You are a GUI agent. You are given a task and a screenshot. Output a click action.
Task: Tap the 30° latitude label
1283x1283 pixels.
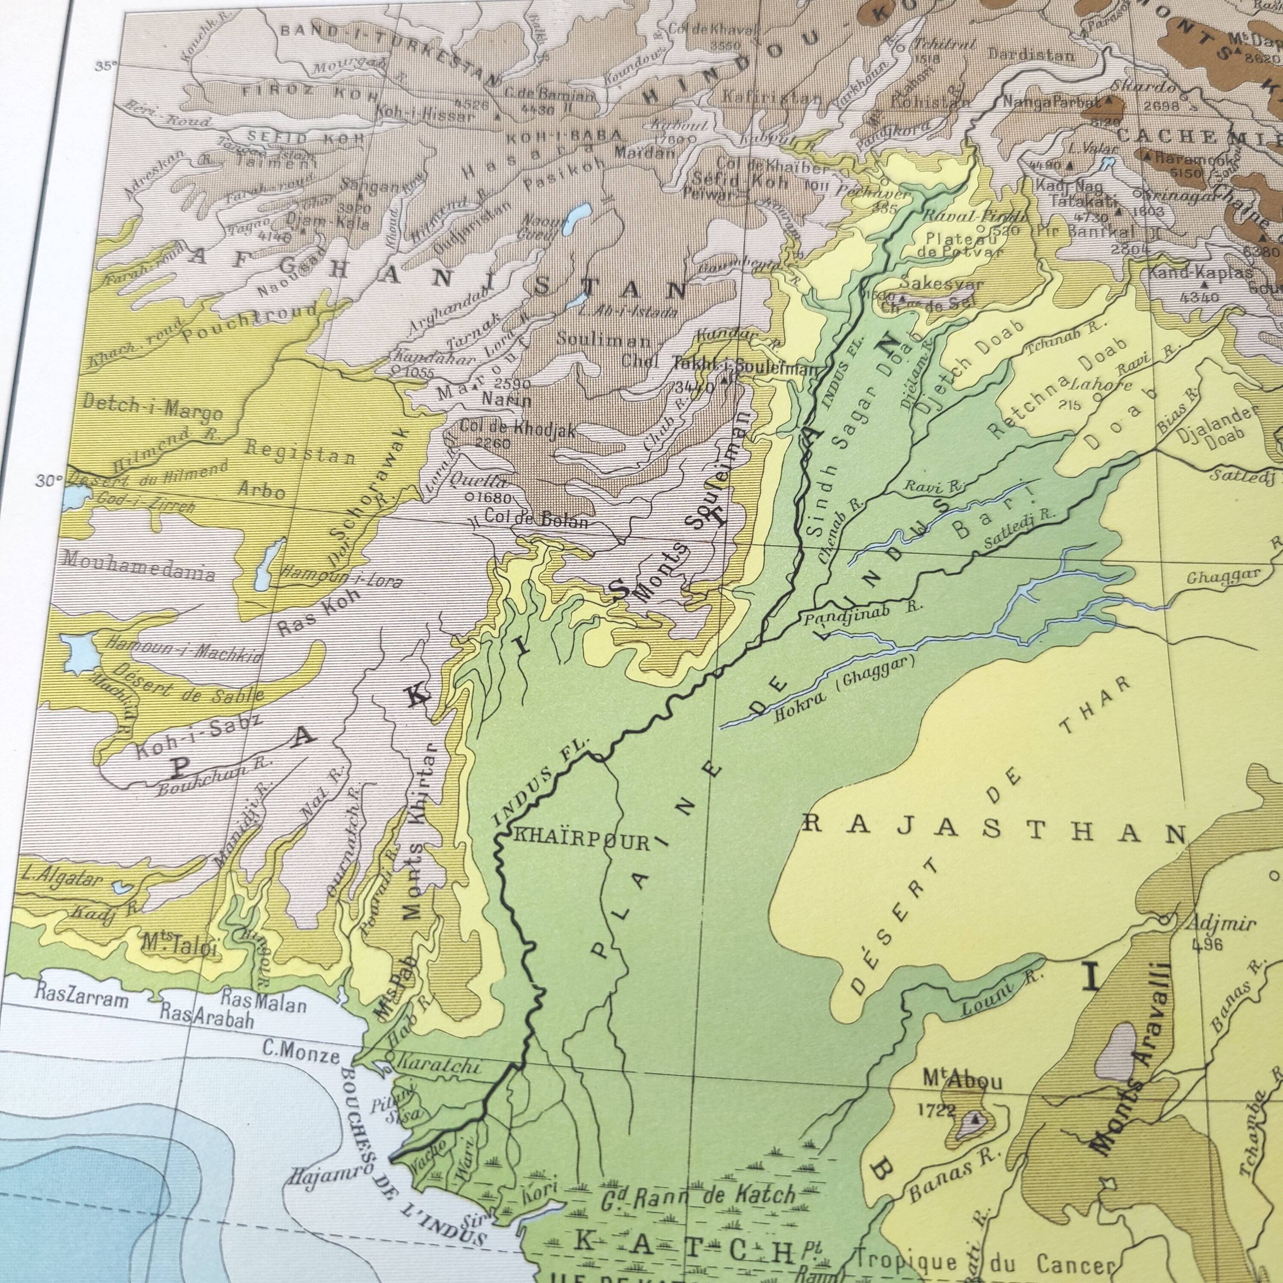[x=48, y=481]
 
